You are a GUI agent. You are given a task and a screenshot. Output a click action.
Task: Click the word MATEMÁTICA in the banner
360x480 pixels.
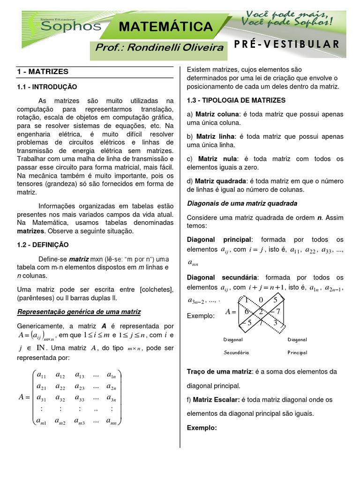[x=165, y=26]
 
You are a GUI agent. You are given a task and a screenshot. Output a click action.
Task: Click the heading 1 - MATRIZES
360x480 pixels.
[x=43, y=72]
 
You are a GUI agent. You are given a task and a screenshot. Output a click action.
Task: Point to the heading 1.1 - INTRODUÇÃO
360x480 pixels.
[x=47, y=87]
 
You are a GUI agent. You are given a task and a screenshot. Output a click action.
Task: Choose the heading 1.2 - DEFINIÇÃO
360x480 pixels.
[x=43, y=245]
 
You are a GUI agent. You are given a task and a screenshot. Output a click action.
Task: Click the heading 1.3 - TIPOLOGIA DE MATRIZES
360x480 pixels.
[x=236, y=100]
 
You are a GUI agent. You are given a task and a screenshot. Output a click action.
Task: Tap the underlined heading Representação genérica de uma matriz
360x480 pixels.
[x=79, y=312]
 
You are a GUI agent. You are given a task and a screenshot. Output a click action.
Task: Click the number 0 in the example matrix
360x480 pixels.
[x=262, y=300]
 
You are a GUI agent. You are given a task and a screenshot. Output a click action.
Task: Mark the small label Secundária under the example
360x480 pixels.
[x=236, y=352]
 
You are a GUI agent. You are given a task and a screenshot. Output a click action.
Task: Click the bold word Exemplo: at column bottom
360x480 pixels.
[x=202, y=428]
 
